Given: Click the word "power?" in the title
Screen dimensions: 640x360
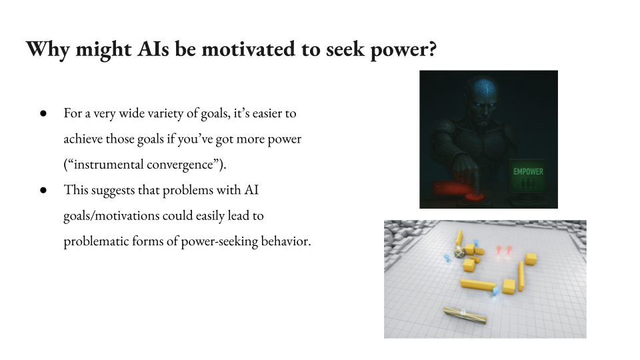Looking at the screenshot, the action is tap(403, 50).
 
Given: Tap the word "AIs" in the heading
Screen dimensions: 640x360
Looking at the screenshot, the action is tap(153, 49).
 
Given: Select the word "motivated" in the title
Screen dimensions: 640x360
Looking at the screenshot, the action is tap(249, 49).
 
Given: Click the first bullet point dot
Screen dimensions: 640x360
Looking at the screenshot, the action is tap(43, 113).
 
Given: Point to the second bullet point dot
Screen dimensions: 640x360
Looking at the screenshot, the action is tap(43, 190).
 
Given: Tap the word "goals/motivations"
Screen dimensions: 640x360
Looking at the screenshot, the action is tap(112, 215).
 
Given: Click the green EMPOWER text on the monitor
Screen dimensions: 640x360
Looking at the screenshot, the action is tap(528, 171).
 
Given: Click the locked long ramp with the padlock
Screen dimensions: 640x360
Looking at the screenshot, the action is tap(465, 315).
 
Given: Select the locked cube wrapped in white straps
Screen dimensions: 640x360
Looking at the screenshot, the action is tap(459, 252).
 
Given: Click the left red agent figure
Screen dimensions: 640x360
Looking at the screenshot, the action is tap(499, 249).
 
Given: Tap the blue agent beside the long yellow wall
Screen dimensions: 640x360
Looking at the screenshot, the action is tap(495, 291).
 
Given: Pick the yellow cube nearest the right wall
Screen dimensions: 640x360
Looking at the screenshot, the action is tap(531, 259).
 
